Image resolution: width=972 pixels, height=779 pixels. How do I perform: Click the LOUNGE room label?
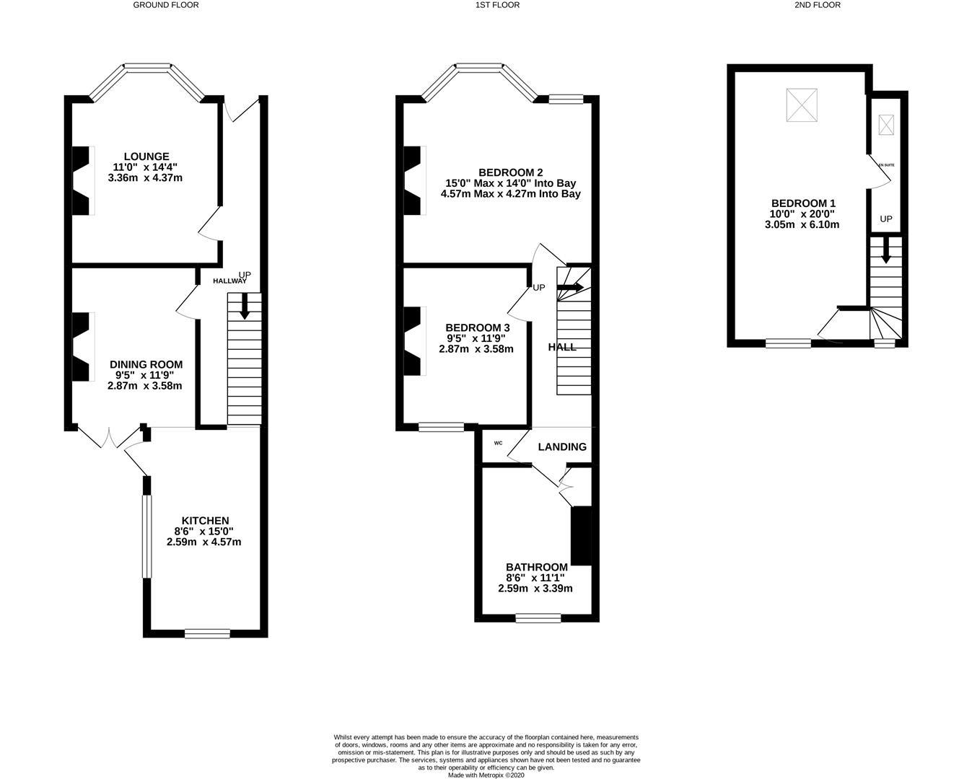click(x=146, y=157)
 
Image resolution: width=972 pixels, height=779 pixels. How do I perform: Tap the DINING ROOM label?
click(x=146, y=364)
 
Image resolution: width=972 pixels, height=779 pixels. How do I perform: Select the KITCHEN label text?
click(x=206, y=521)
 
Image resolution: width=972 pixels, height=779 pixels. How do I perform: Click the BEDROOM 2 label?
click(x=511, y=172)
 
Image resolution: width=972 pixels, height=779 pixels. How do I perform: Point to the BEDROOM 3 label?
click(x=478, y=328)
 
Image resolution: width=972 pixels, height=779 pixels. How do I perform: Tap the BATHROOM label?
click(x=537, y=567)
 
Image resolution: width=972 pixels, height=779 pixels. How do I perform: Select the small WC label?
click(x=498, y=443)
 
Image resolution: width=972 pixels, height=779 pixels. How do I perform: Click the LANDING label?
click(x=562, y=446)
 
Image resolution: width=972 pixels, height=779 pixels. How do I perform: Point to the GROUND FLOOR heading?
click(x=166, y=5)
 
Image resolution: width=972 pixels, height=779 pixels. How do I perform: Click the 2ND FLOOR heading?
click(x=818, y=5)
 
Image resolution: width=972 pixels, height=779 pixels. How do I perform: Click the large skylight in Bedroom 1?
click(x=802, y=105)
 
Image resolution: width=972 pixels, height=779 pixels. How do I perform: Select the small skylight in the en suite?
click(x=886, y=125)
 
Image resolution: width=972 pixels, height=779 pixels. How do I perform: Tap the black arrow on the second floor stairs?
click(x=886, y=250)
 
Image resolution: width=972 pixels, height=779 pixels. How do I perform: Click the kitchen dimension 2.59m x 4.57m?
click(x=203, y=542)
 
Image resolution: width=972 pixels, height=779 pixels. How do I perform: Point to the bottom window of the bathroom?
click(x=538, y=618)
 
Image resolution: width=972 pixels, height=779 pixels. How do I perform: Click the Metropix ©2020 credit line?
click(x=486, y=775)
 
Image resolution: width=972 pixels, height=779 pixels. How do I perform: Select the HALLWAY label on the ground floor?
click(x=230, y=281)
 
